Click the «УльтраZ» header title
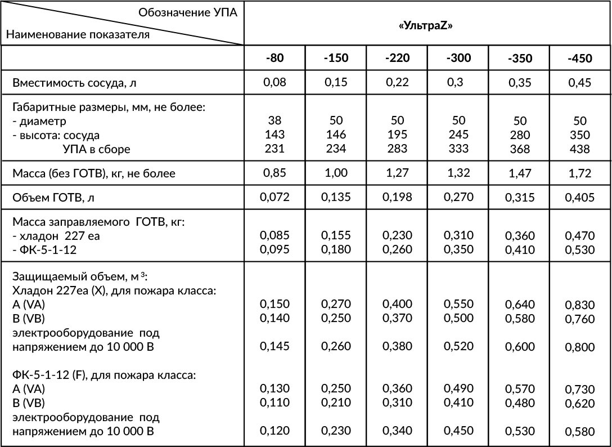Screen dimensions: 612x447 [427, 28]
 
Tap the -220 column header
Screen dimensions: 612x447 [397, 58]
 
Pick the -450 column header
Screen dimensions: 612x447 [580, 59]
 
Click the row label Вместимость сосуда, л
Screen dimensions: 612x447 [75, 83]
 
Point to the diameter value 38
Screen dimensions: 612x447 [274, 120]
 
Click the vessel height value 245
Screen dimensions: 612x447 [458, 135]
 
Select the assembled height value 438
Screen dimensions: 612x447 [580, 149]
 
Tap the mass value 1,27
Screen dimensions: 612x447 [397, 173]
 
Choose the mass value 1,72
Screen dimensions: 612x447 [580, 173]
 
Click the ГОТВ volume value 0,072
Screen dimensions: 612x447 [274, 197]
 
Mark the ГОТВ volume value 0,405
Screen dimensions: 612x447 [580, 198]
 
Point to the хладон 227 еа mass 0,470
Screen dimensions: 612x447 [580, 236]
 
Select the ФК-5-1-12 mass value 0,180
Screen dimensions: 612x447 [336, 249]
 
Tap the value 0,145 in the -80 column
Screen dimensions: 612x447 [274, 347]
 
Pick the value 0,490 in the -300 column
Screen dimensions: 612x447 [458, 388]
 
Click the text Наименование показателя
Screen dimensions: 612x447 [78, 34]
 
